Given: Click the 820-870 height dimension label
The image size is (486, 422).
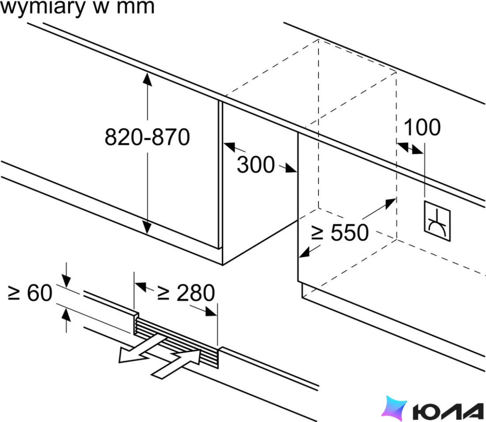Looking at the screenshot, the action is pos(147,137).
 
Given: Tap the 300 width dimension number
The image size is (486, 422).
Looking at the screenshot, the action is pos(256,164).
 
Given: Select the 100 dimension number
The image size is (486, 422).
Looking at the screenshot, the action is pos(422,127).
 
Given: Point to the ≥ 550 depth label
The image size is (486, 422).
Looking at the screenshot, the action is pos(340,232).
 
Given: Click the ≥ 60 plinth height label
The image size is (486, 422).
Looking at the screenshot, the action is pos(30,293).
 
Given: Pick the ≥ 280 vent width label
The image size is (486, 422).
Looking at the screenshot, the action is pos(186,293).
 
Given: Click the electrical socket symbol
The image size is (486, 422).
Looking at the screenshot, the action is pos(437,221).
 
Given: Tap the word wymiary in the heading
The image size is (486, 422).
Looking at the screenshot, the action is pos(42,7).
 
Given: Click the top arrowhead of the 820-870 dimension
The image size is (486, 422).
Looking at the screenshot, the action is pos(147,79).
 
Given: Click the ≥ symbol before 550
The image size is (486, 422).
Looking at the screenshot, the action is pos(317,233).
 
